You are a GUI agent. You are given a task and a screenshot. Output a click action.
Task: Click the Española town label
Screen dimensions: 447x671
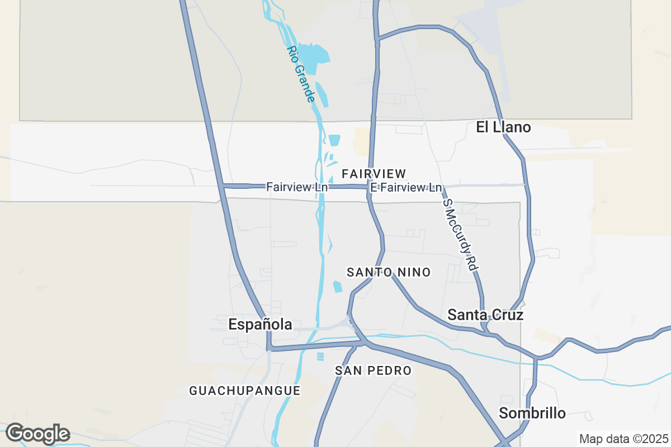click(260, 325)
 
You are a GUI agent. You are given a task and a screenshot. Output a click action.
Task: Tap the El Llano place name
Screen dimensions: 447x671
click(503, 127)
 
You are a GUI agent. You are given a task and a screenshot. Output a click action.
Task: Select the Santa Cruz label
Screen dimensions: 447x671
click(485, 315)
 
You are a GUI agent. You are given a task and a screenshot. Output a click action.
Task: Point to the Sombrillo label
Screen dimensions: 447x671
click(532, 413)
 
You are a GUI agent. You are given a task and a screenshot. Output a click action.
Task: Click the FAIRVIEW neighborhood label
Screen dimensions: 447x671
click(374, 174)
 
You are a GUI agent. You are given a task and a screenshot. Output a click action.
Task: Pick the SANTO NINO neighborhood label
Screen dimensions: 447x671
click(389, 273)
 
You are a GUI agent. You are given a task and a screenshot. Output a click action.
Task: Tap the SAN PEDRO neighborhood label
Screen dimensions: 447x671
click(373, 370)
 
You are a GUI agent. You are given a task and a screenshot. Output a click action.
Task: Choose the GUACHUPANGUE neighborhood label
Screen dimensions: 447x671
click(245, 391)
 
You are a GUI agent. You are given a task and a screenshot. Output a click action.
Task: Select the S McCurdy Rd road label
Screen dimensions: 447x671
click(461, 235)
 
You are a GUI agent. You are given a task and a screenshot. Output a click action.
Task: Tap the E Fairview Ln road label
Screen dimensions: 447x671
click(406, 188)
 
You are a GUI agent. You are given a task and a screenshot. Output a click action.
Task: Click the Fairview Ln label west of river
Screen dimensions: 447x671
click(297, 187)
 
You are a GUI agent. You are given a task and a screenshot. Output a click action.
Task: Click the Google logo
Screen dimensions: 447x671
click(37, 434)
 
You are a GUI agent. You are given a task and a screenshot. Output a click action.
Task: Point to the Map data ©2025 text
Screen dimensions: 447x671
click(623, 439)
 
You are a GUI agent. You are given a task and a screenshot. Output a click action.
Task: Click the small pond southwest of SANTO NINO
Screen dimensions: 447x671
click(337, 287)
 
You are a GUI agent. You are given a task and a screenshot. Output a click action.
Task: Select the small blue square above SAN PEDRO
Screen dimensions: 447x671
click(320, 356)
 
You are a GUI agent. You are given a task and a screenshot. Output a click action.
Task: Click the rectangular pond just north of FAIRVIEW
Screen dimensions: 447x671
click(334, 140)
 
